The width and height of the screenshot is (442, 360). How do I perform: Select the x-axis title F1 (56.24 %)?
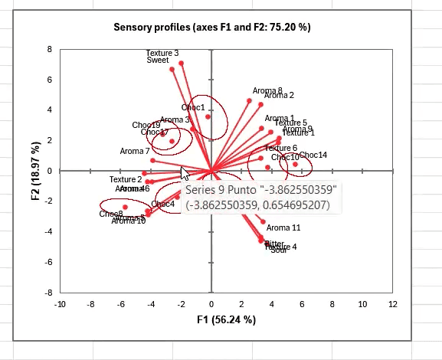pos(226,319)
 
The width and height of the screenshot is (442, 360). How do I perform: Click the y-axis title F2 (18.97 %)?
pos(36,170)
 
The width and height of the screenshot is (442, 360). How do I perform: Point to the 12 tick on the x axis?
pos(393,303)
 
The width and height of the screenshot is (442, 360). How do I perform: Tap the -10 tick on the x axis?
pos(61,303)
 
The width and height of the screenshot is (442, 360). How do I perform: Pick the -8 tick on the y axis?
pos(48,293)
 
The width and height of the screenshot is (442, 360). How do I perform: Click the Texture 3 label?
pos(162,53)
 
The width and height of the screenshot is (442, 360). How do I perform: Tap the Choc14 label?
pos(313,155)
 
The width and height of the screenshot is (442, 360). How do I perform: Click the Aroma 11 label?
pos(283,227)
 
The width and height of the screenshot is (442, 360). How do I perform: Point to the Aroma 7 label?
pos(135,151)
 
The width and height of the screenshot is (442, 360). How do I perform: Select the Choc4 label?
pos(163,204)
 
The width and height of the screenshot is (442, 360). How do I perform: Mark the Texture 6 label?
pos(280,148)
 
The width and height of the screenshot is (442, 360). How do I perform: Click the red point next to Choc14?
pos(295,164)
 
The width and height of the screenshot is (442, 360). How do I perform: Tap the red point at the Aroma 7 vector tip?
pos(153,160)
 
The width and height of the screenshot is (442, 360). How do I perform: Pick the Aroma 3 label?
pos(176,120)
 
